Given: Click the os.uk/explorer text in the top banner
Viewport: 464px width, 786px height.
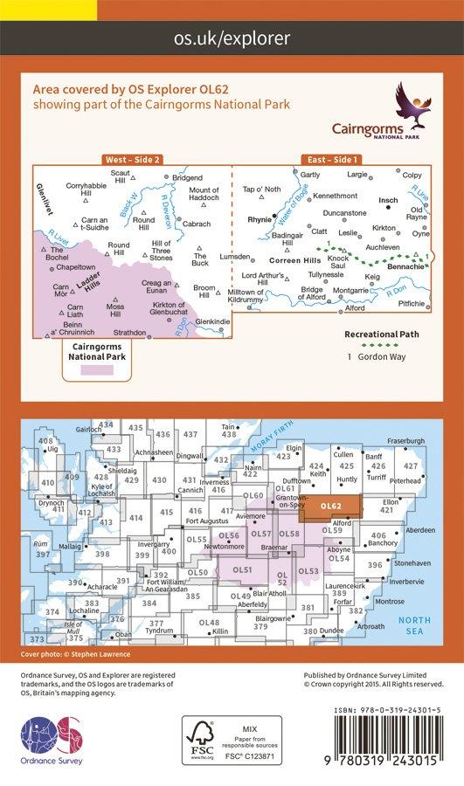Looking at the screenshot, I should [232, 38].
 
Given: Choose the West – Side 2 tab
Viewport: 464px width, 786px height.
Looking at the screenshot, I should [132, 160].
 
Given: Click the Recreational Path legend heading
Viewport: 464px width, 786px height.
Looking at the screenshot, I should [382, 334].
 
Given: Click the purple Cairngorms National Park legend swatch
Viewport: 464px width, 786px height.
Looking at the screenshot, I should [96, 370].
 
